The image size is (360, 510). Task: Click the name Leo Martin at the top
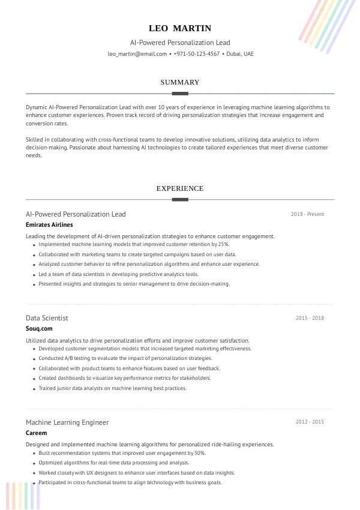180,28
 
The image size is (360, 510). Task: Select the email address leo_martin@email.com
137,54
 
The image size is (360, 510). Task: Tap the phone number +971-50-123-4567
197,54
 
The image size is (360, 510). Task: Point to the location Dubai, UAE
240,54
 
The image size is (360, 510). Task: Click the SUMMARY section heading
180,82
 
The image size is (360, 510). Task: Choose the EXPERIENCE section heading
180,188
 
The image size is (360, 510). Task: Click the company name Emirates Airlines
49,224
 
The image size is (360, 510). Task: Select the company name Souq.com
40,328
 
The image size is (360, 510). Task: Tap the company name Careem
36,433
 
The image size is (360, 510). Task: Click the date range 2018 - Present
307,214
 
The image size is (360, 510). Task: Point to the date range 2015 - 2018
310,318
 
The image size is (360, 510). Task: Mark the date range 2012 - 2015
310,422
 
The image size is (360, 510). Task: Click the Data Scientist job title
47,318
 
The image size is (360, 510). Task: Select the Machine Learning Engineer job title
67,422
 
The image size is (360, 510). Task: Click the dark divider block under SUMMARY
180,94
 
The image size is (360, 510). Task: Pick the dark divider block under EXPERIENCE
180,199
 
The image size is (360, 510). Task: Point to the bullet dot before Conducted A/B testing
34,359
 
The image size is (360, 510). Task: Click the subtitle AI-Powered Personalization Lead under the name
180,43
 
